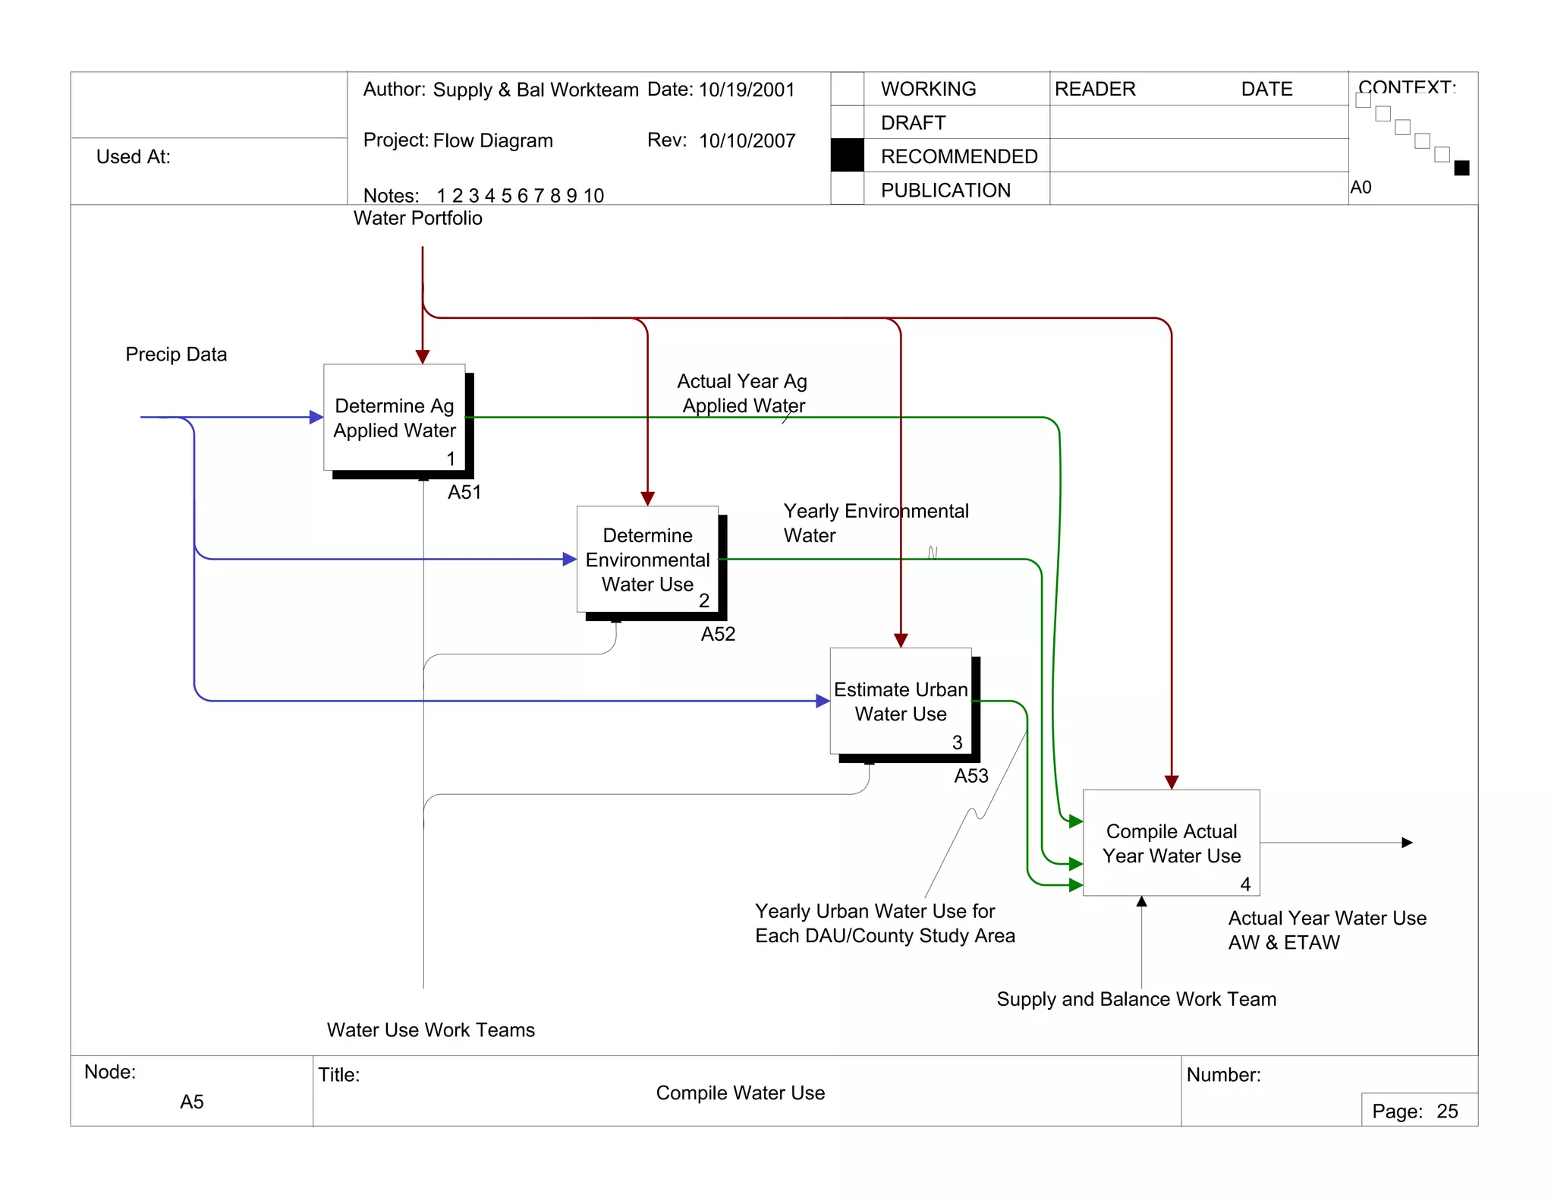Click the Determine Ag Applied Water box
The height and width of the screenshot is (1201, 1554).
394,418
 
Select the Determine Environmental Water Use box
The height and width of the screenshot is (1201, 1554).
647,560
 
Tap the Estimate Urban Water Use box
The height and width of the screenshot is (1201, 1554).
900,701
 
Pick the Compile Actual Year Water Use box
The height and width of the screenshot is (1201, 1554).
1171,843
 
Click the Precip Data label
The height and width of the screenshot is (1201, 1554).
176,355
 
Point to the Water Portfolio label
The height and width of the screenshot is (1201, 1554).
417,219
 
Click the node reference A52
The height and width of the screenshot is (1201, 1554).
718,634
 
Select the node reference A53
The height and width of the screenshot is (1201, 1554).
970,776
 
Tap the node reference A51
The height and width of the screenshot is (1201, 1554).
464,492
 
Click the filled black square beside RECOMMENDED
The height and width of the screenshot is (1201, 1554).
847,156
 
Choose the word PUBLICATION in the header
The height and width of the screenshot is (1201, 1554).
945,191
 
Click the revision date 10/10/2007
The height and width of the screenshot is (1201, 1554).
747,141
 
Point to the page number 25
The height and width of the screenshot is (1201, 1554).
1447,1111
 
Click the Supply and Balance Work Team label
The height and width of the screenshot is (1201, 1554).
1136,999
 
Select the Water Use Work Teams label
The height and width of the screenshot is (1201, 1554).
430,1030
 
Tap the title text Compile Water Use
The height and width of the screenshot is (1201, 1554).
740,1093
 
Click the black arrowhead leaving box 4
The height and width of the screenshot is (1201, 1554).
1406,843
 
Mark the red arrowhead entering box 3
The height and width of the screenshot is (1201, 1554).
901,641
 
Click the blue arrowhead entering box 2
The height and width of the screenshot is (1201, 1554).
569,560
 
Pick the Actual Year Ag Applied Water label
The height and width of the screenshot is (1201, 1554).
742,393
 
